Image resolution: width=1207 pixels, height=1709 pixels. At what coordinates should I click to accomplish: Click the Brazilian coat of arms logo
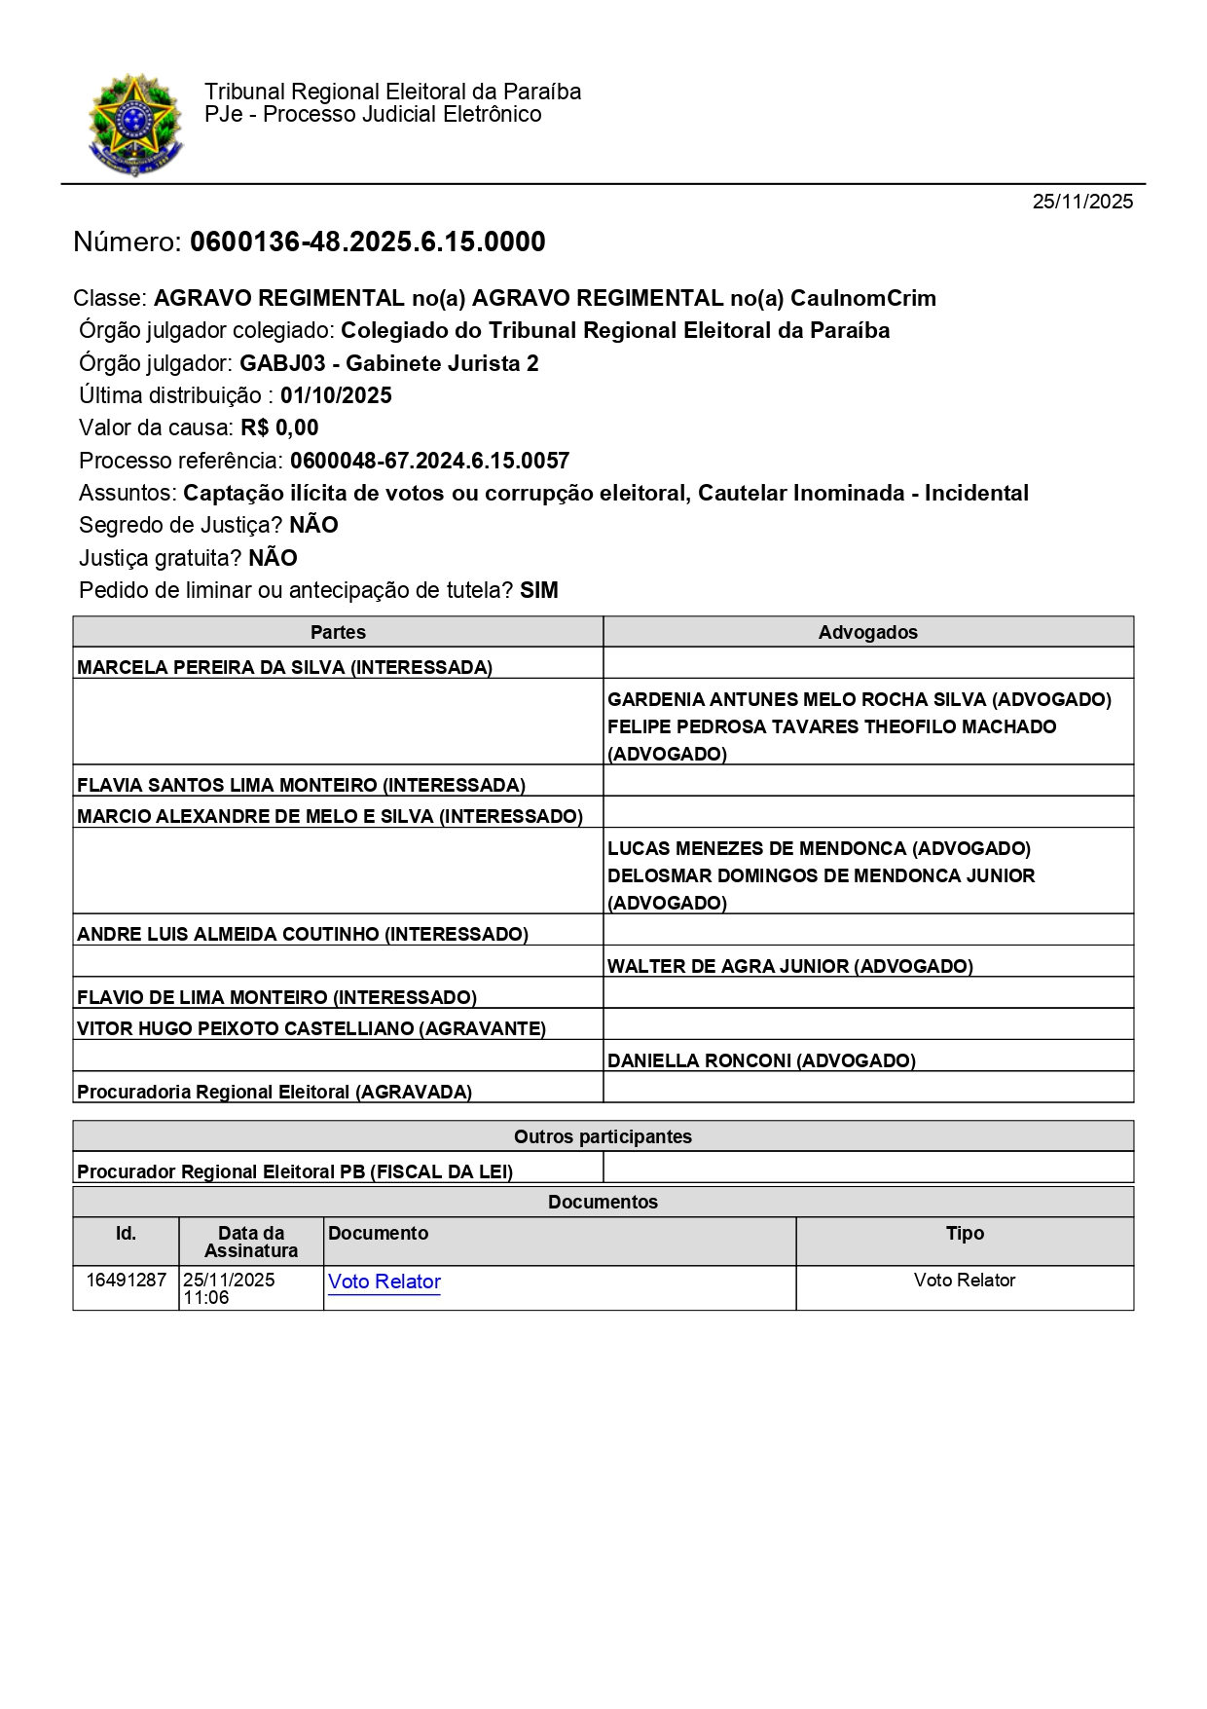[135, 124]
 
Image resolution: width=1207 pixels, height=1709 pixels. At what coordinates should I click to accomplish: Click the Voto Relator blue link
[384, 1282]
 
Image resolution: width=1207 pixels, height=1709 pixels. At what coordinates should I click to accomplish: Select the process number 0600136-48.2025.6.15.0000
[367, 242]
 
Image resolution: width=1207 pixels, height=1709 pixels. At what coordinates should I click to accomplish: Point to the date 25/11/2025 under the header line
[1082, 202]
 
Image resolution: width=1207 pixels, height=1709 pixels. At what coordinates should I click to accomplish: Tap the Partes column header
[338, 632]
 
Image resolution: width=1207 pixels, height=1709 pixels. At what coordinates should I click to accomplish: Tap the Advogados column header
[867, 632]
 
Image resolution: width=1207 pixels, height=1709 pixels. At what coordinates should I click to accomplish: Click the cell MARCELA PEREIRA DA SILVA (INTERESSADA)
[284, 667]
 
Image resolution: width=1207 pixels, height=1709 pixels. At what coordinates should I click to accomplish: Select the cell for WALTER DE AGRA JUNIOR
[789, 966]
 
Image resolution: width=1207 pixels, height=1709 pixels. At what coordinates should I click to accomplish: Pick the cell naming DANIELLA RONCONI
[761, 1060]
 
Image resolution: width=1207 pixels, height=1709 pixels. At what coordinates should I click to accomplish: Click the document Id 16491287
[126, 1280]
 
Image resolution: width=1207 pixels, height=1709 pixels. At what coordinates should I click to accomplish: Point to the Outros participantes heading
[603, 1136]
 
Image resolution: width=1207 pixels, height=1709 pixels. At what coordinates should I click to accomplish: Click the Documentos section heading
[603, 1202]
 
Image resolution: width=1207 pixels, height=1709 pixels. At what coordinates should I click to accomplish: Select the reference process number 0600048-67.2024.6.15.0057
[429, 461]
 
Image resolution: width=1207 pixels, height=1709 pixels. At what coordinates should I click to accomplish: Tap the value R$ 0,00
[279, 427]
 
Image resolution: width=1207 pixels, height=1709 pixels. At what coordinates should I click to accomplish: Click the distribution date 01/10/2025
[336, 395]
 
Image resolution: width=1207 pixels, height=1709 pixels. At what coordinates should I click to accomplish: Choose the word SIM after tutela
[538, 590]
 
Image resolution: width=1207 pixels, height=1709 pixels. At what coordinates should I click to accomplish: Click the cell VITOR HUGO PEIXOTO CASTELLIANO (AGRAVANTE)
[311, 1028]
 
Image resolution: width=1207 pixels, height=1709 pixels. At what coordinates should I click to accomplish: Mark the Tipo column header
[965, 1233]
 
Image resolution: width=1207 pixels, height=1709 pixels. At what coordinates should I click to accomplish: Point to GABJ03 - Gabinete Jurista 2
[388, 363]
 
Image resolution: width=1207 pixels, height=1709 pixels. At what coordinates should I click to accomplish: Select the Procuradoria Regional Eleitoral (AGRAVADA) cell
[274, 1092]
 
